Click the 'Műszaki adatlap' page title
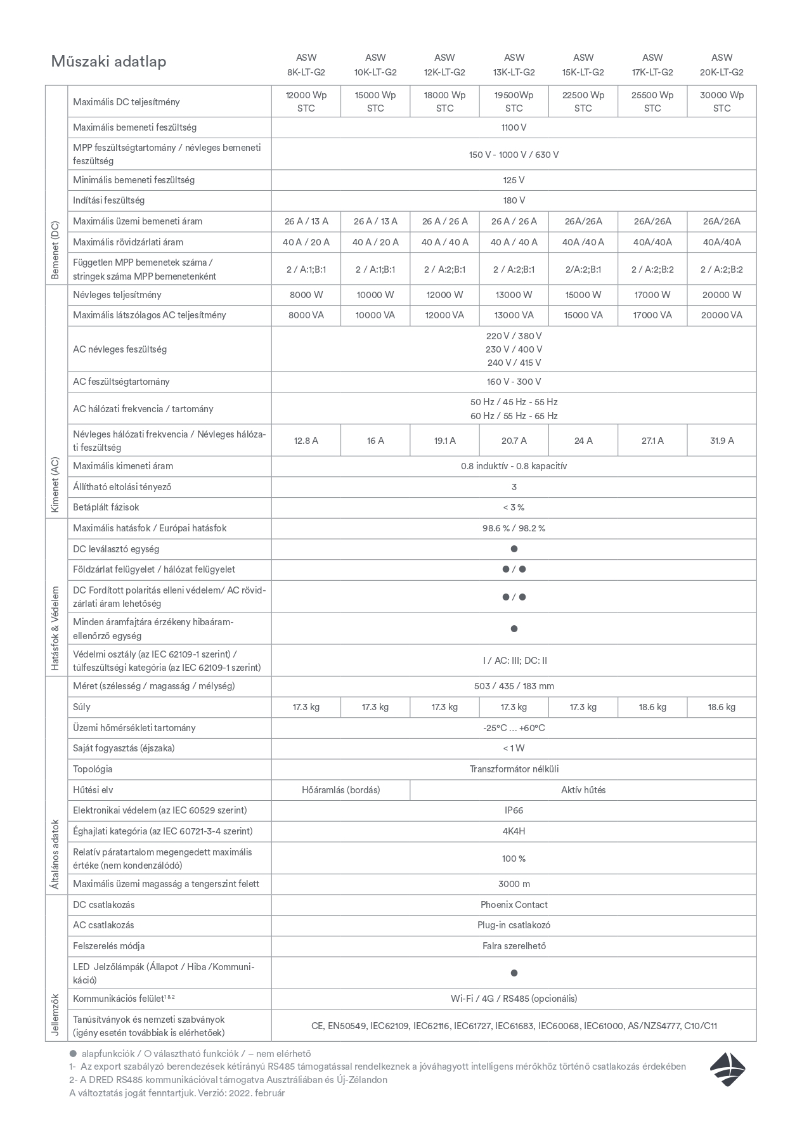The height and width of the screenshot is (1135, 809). click(108, 62)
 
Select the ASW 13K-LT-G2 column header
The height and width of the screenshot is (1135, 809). click(514, 65)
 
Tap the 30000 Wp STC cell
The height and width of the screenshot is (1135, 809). click(722, 101)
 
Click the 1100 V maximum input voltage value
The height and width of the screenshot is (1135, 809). click(514, 127)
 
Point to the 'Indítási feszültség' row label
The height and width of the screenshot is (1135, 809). click(109, 200)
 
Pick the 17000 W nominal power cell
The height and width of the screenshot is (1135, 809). click(652, 295)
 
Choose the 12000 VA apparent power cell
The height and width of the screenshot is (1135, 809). click(444, 315)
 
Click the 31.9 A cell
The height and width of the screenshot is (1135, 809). click(722, 441)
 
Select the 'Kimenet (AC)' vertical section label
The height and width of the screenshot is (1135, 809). click(55, 484)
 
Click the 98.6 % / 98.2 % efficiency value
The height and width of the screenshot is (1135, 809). click(514, 528)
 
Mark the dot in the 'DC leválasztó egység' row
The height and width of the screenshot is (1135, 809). click(514, 549)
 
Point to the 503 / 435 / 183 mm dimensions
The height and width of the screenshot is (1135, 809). click(514, 686)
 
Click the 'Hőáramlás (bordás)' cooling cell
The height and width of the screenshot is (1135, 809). click(341, 790)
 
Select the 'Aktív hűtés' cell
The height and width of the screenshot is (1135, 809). click(583, 790)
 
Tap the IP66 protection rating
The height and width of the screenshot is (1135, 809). click(514, 810)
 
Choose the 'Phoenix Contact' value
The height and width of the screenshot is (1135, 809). click(514, 905)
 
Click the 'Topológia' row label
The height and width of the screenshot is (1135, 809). click(93, 769)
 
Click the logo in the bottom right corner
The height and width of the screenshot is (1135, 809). click(727, 1069)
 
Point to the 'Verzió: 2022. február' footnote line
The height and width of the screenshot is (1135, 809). click(177, 1093)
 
